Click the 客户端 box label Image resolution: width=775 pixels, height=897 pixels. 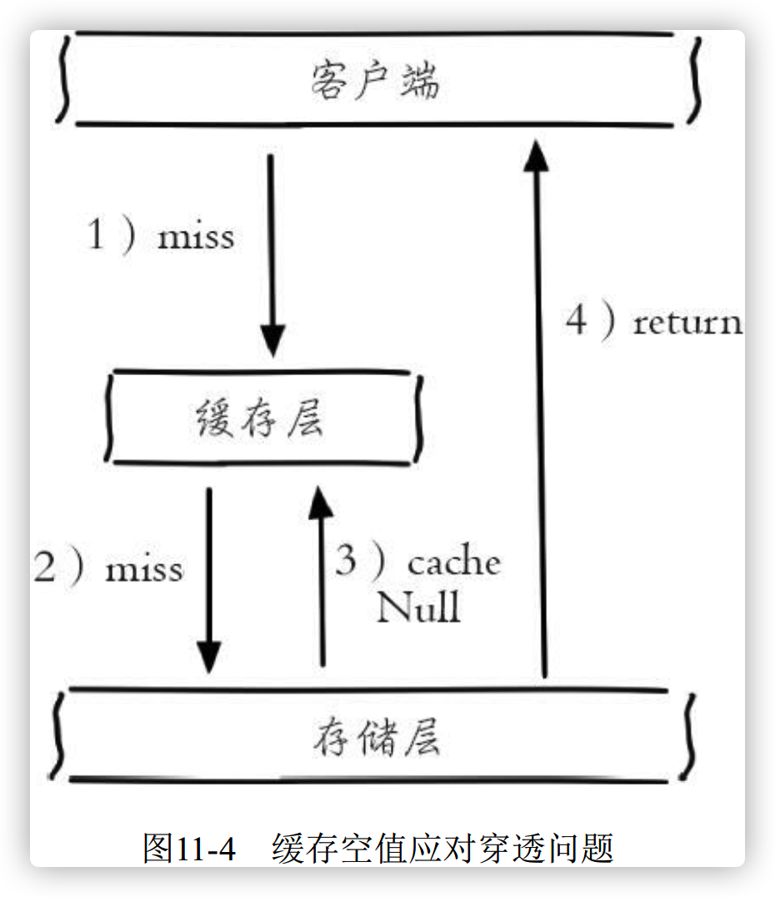(x=375, y=81)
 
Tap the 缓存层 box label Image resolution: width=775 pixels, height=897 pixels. (x=260, y=418)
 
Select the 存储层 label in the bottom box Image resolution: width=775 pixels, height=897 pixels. (x=377, y=737)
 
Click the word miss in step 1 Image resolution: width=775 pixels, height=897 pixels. (x=196, y=236)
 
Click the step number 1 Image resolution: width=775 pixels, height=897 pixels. (x=96, y=233)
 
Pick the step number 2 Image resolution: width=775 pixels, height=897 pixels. (x=45, y=567)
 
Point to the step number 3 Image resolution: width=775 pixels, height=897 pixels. (x=346, y=559)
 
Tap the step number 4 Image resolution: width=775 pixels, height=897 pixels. (x=577, y=319)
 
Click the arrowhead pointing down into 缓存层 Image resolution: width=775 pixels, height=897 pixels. (x=272, y=341)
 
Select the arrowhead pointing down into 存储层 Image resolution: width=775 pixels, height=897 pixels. (x=209, y=657)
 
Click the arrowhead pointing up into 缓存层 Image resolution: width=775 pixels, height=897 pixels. (x=321, y=502)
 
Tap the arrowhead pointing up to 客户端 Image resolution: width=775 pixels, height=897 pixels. (x=537, y=155)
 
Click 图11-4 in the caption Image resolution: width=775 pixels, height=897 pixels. (x=189, y=848)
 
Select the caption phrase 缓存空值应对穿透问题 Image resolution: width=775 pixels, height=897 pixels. (x=442, y=848)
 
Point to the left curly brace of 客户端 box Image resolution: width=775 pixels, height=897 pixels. (x=63, y=79)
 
